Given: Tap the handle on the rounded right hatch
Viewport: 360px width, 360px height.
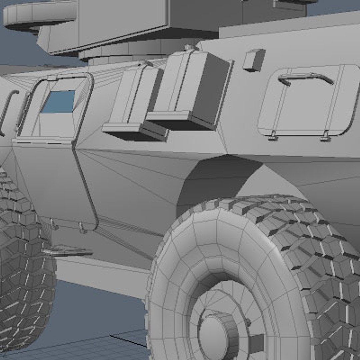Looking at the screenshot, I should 305,78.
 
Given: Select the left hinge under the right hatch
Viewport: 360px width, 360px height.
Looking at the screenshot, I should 273,135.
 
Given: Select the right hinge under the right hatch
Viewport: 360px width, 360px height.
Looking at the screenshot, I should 326,136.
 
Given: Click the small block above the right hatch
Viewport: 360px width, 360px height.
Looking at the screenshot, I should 254,60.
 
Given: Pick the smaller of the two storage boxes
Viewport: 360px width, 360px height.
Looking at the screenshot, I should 133,100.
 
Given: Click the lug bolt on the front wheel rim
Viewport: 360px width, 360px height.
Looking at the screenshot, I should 248,322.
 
